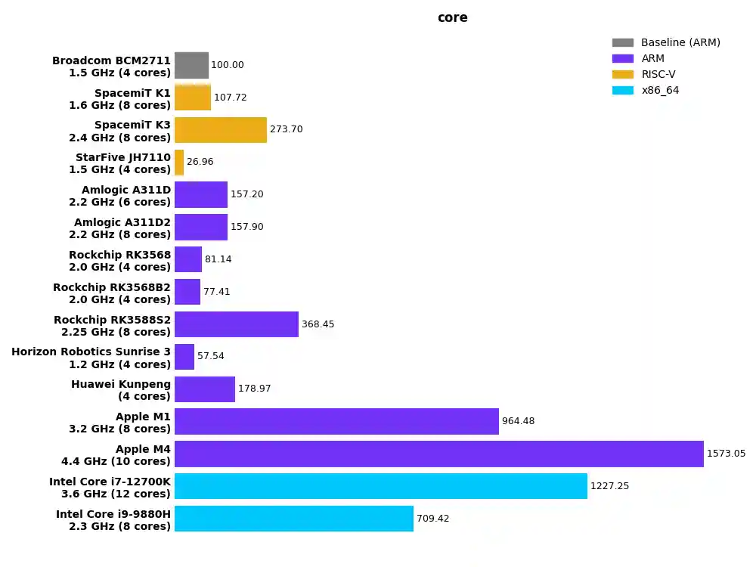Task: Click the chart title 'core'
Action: pyautogui.click(x=452, y=17)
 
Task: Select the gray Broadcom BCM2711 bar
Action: pyautogui.click(x=191, y=65)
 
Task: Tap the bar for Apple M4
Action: pyautogui.click(x=438, y=454)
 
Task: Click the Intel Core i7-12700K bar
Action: pyautogui.click(x=380, y=486)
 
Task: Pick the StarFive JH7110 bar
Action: pyautogui.click(x=179, y=163)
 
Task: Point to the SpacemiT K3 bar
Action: pyautogui.click(x=221, y=130)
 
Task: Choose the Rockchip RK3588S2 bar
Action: pyautogui.click(x=237, y=324)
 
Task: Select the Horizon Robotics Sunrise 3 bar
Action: pyautogui.click(x=184, y=357)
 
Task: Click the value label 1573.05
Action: pyautogui.click(x=726, y=454)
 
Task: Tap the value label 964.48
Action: pyautogui.click(x=518, y=421)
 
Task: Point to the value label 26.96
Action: pyautogui.click(x=200, y=163)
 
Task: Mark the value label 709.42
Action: pyautogui.click(x=432, y=519)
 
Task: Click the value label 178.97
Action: pyautogui.click(x=254, y=389)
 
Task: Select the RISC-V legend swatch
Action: pyautogui.click(x=623, y=74)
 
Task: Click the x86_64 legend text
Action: pyautogui.click(x=659, y=90)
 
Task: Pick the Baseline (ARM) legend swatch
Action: pyautogui.click(x=623, y=42)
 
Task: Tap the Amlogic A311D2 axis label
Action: pyautogui.click(x=122, y=228)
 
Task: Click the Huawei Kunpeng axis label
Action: pyautogui.click(x=121, y=390)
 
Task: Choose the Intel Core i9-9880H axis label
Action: pyautogui.click(x=113, y=520)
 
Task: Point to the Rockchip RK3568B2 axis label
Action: pyautogui.click(x=112, y=293)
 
